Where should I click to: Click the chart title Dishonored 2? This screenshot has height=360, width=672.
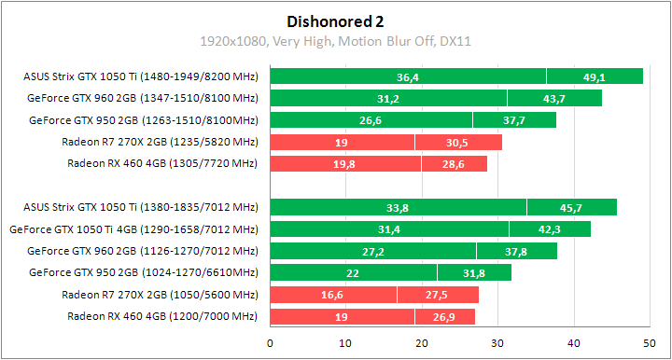(335, 21)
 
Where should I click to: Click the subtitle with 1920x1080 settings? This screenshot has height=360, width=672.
(335, 41)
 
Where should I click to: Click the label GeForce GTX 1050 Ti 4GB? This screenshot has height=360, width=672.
(133, 228)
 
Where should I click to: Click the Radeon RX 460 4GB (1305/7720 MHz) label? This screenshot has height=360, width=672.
(161, 163)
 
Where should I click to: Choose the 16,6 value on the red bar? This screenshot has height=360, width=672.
(333, 295)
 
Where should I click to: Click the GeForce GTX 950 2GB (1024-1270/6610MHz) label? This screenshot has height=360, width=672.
(143, 272)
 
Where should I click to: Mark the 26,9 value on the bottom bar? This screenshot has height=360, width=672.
(444, 316)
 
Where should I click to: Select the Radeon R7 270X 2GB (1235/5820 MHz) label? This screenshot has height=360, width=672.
(159, 142)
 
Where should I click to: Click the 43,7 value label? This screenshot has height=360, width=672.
(554, 98)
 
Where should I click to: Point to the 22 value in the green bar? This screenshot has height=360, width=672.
(353, 272)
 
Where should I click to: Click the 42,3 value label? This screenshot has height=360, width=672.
(550, 228)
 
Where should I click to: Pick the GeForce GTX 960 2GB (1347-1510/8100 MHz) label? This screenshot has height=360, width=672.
(143, 98)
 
